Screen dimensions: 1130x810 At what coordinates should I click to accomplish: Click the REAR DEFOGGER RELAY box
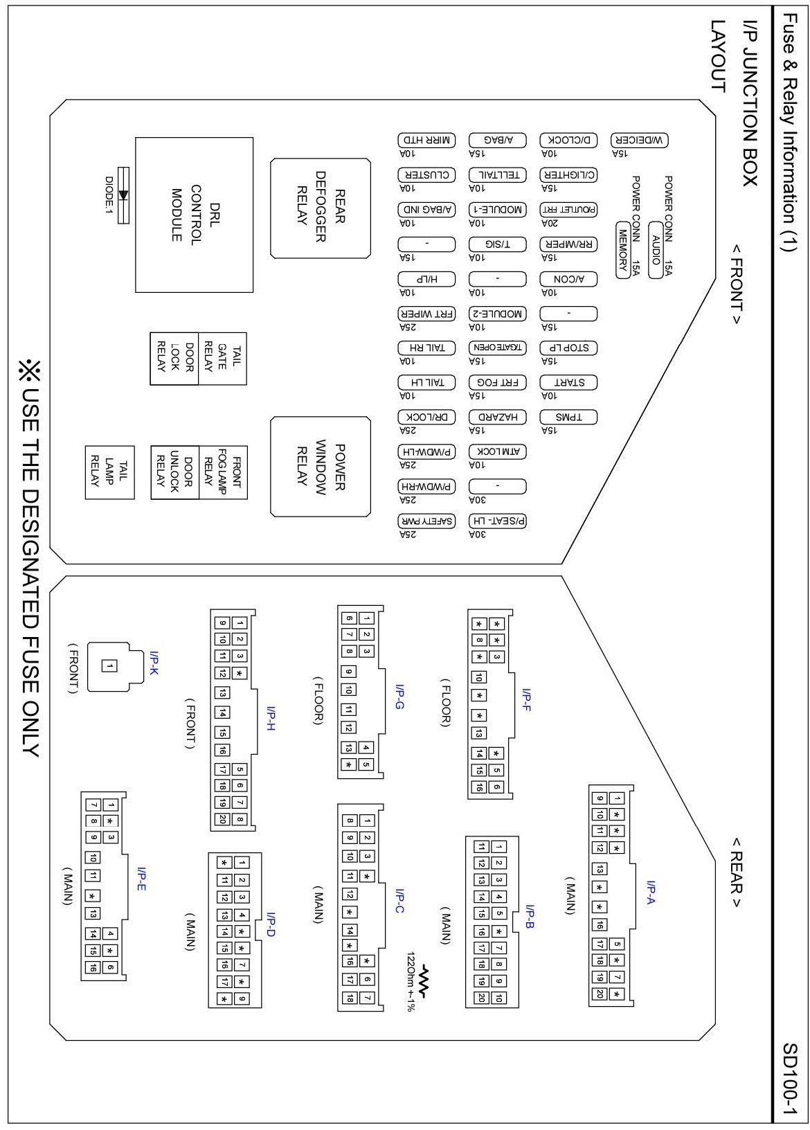(321, 208)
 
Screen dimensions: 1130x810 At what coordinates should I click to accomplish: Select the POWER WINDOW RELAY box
(321, 467)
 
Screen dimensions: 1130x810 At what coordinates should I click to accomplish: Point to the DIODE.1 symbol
(124, 195)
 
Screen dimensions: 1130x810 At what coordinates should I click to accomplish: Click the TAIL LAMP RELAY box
(109, 472)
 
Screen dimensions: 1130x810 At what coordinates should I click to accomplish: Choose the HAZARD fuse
(498, 417)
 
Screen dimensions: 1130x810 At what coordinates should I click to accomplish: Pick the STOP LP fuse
(569, 348)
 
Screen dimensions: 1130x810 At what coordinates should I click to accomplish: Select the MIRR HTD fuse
(427, 140)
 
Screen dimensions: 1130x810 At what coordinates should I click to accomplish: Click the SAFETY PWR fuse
(427, 521)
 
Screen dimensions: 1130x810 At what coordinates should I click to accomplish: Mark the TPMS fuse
(569, 417)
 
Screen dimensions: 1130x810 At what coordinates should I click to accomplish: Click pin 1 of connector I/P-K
(109, 667)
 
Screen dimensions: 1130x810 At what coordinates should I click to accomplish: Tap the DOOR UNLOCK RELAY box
(175, 472)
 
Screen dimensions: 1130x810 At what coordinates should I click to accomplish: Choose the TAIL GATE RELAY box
(222, 358)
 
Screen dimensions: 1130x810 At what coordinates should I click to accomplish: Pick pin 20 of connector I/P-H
(222, 820)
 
